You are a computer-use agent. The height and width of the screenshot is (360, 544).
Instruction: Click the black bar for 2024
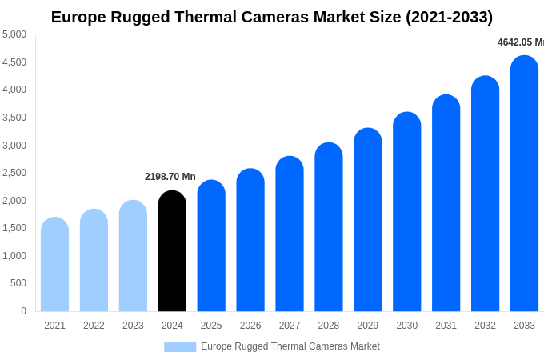click(x=172, y=251)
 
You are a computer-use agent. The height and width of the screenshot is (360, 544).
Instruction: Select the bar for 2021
click(x=54, y=265)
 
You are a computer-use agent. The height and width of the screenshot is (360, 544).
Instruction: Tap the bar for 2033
click(x=524, y=184)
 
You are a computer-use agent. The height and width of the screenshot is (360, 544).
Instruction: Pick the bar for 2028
click(x=329, y=227)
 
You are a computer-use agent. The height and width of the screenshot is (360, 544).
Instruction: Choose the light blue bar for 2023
click(x=133, y=256)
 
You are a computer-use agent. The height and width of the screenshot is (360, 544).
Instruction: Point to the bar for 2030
click(x=406, y=212)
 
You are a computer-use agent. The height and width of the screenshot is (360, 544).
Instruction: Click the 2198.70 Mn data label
click(x=170, y=177)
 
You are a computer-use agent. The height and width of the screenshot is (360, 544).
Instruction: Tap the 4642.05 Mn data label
click(x=520, y=42)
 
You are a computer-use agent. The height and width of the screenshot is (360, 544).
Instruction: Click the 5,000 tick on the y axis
click(x=14, y=34)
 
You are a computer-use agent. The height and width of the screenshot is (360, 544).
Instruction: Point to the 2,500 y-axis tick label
click(x=14, y=173)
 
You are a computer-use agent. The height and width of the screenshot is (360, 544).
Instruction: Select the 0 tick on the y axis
click(x=23, y=311)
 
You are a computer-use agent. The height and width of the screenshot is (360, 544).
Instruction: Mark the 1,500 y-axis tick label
click(x=14, y=228)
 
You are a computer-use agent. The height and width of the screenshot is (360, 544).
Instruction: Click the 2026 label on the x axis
click(x=250, y=326)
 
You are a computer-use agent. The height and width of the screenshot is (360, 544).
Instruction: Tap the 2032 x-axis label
click(x=485, y=326)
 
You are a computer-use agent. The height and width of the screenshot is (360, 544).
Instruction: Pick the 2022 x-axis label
click(x=94, y=326)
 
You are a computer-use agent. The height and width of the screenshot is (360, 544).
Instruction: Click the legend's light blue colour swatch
click(x=180, y=347)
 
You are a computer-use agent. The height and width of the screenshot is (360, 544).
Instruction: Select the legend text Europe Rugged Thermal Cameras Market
click(x=290, y=346)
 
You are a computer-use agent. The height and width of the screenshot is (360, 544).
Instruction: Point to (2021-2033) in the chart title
click(x=449, y=17)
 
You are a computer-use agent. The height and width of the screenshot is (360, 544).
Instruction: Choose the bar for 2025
click(x=211, y=246)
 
